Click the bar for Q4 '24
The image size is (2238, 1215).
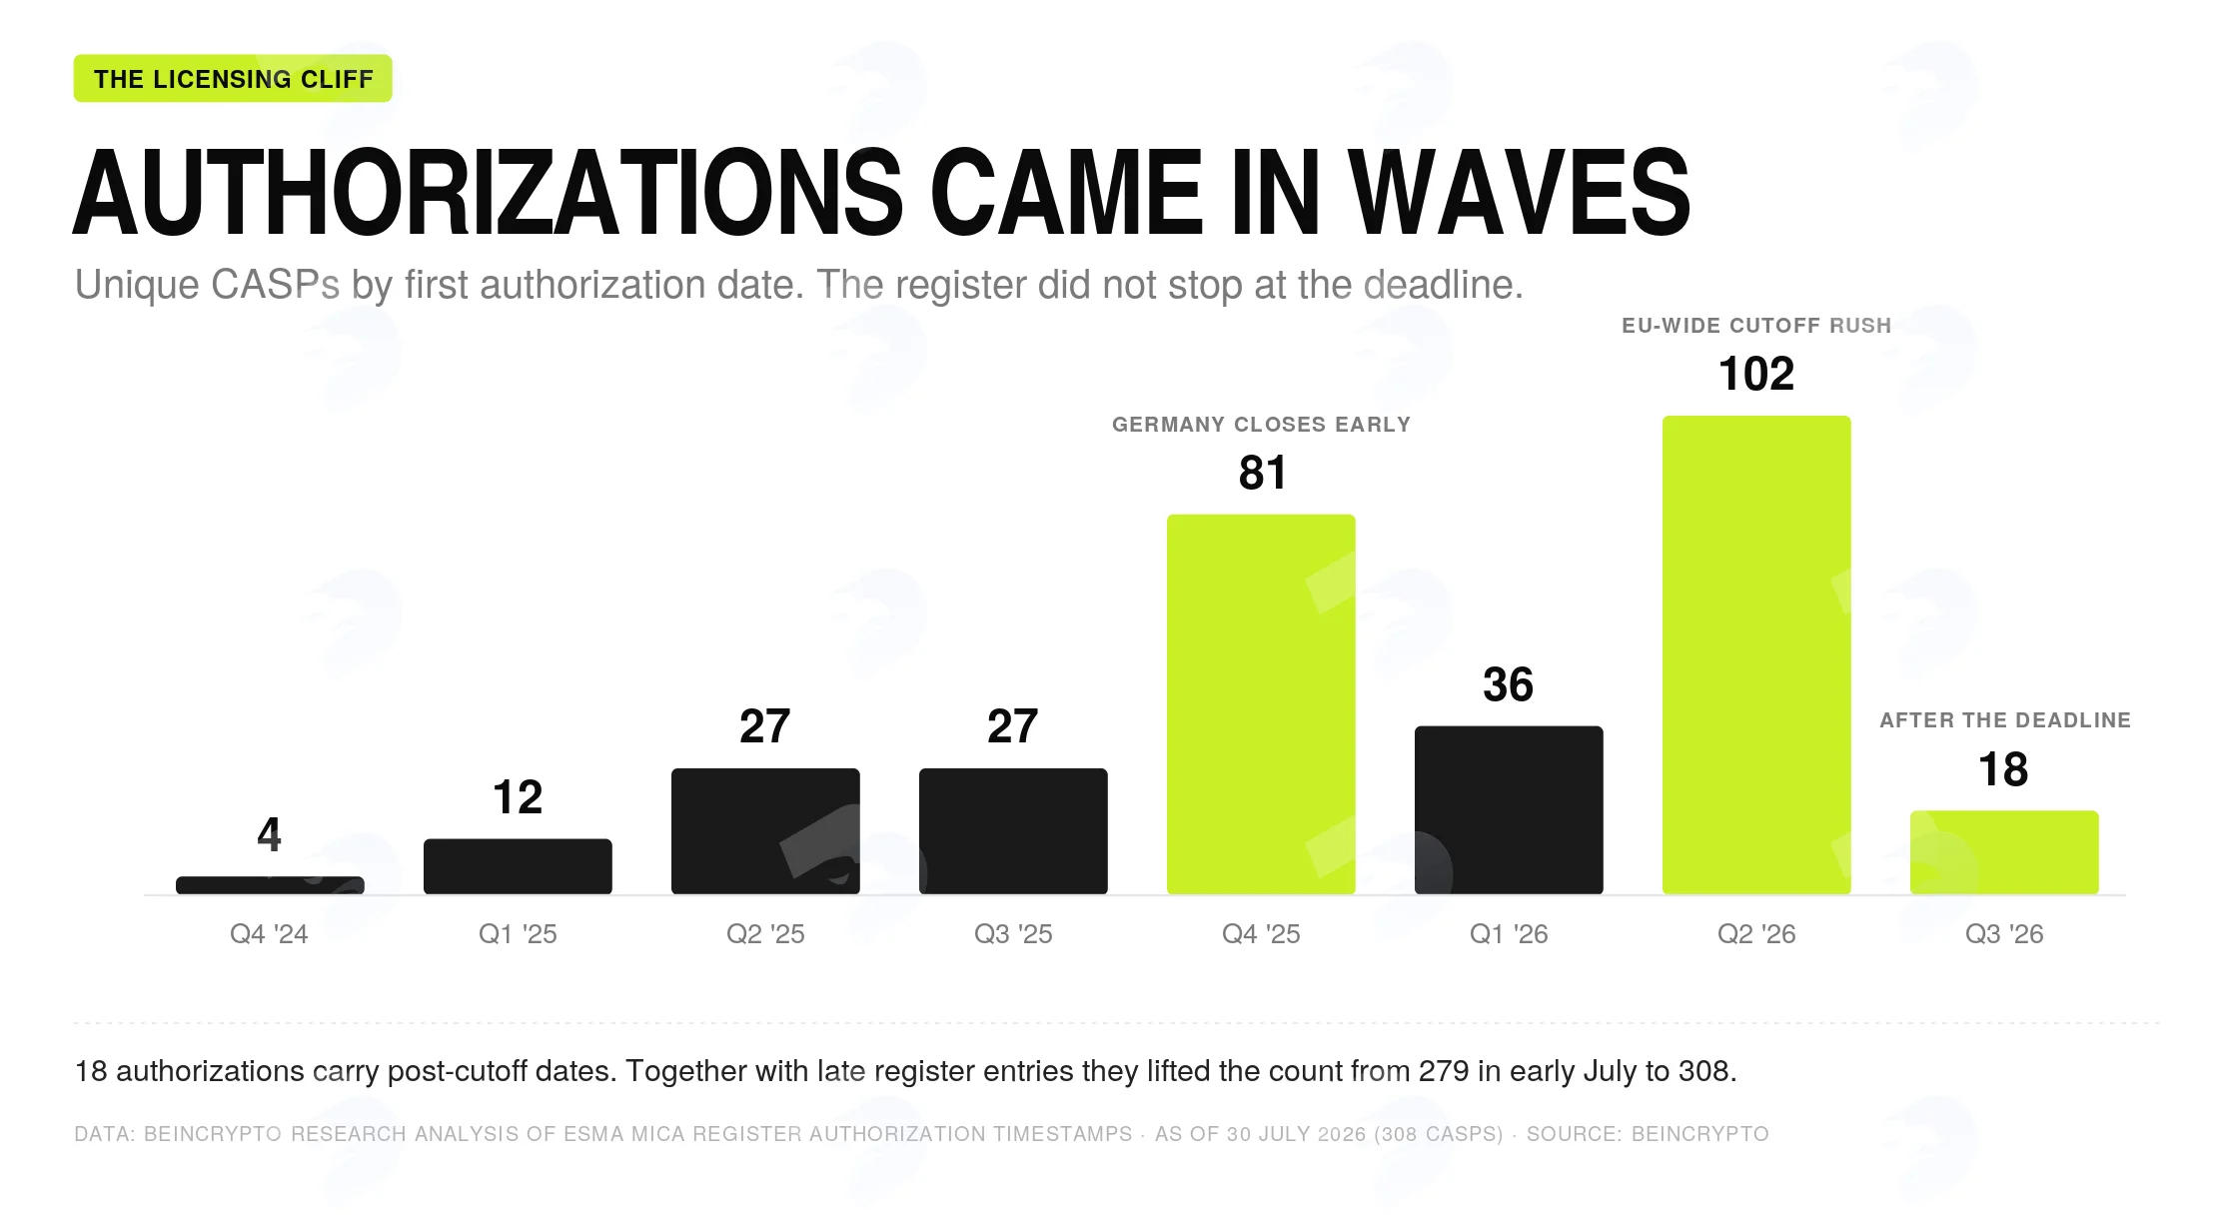tap(270, 885)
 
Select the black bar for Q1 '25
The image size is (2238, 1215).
tap(518, 866)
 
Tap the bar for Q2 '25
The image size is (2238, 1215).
tap(765, 831)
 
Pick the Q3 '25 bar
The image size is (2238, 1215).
tap(1013, 831)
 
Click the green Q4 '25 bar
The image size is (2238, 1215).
tap(1261, 704)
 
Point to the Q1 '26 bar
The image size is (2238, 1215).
tap(1509, 810)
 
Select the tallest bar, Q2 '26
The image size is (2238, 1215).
tap(1756, 655)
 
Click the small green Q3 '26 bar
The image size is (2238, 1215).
tap(2004, 852)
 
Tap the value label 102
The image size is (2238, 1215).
tap(1756, 374)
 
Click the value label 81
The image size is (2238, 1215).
tap(1262, 473)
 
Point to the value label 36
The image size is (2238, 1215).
tap(1508, 684)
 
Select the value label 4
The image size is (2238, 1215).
tap(269, 834)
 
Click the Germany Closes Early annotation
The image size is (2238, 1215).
tap(1261, 425)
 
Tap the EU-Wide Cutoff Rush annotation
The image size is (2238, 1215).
tap(1756, 326)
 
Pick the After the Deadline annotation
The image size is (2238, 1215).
tap(2005, 720)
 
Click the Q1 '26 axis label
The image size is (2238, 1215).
tap(1509, 934)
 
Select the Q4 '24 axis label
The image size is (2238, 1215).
tap(269, 934)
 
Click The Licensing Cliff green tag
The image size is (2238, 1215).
tap(233, 79)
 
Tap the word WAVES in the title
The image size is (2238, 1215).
tap(1519, 193)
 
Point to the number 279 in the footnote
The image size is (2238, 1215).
tap(1443, 1071)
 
